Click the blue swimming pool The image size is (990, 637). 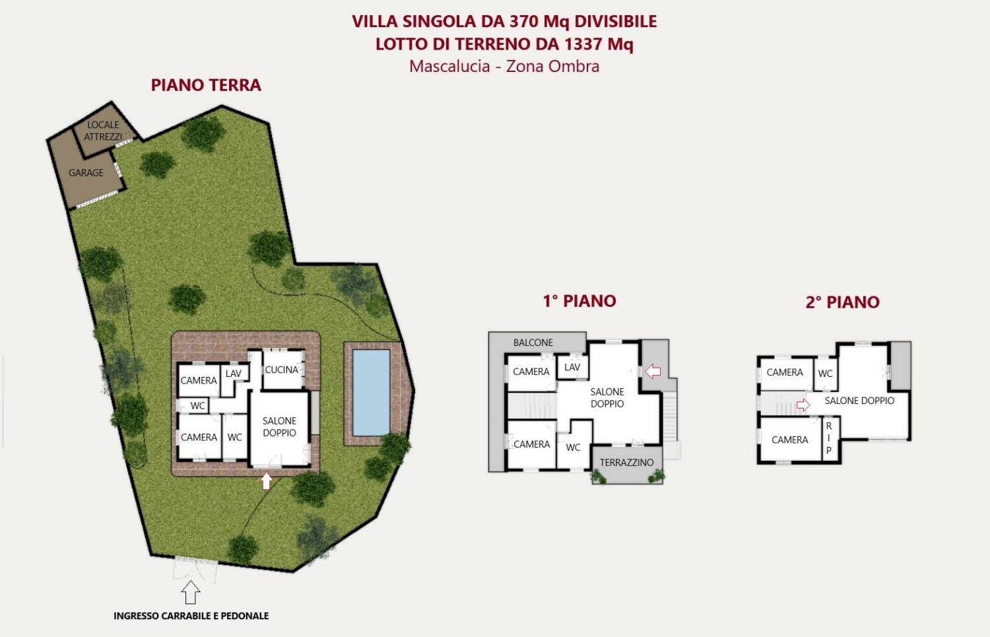click(371, 393)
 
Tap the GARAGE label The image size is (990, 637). click(86, 173)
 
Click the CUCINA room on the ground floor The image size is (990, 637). click(282, 370)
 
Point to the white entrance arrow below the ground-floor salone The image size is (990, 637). click(266, 481)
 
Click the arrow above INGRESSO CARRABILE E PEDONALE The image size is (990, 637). click(191, 592)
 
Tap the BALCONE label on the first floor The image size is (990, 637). click(533, 343)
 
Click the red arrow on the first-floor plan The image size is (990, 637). click(653, 372)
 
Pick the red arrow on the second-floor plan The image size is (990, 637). click(803, 405)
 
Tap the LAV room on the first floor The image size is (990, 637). click(572, 367)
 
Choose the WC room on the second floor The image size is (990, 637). click(825, 374)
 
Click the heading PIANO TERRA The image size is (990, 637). click(206, 85)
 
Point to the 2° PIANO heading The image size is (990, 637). click(842, 302)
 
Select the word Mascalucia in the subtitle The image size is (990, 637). click(449, 66)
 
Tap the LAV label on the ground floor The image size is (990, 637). click(234, 374)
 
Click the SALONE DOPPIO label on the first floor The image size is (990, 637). click(607, 397)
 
